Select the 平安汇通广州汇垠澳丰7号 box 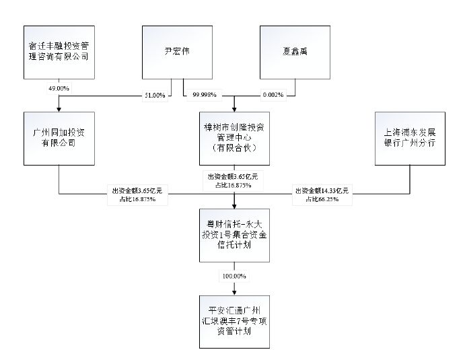234,320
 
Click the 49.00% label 59,88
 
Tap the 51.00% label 155,95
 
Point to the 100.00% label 234,276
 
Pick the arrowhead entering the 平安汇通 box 234,291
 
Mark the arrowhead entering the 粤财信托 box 234,207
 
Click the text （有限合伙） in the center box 234,148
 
